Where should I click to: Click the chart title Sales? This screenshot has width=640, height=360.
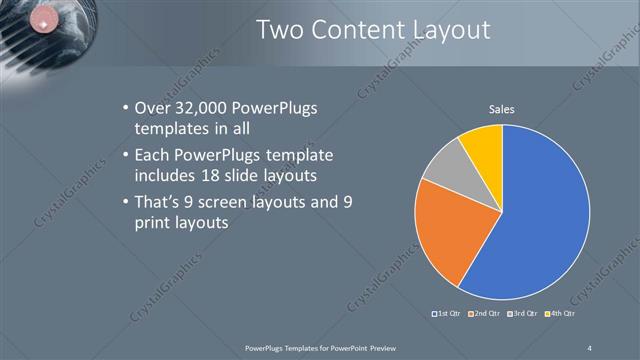click(x=501, y=110)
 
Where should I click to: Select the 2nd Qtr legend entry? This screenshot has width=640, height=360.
click(x=486, y=314)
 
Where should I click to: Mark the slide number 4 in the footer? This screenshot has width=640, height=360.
click(x=591, y=347)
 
